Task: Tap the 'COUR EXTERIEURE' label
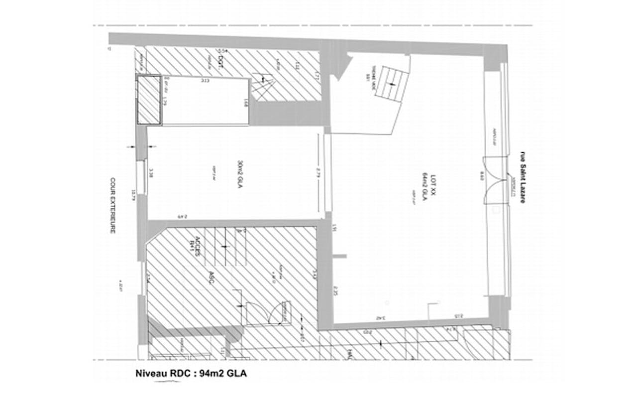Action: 113,206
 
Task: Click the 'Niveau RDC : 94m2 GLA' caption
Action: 191,374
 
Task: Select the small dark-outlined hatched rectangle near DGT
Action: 149,100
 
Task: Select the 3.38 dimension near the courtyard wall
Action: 151,173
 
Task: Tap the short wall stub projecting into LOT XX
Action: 339,257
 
